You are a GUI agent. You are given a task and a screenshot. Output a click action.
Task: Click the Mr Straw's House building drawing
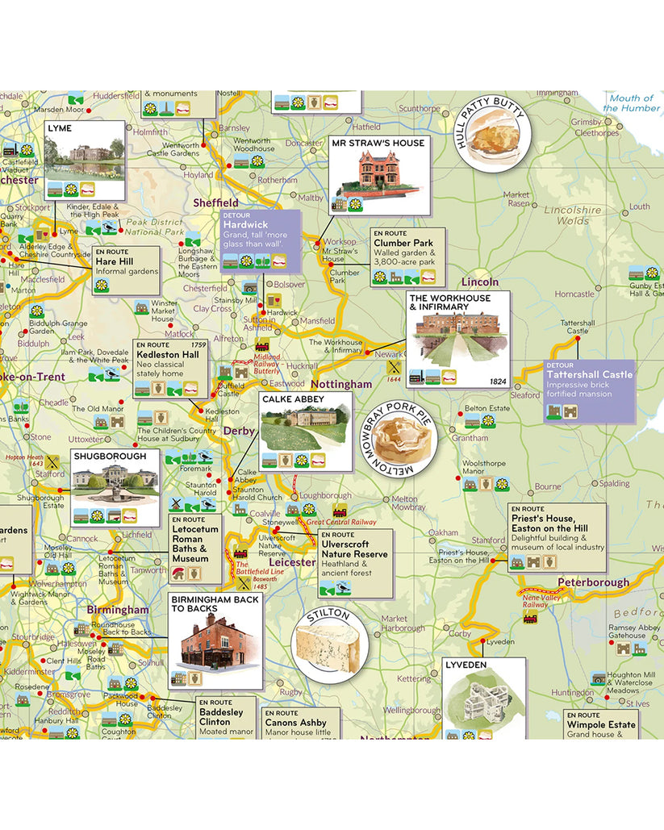coord(377,177)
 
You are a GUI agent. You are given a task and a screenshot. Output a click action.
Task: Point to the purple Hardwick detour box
coord(260,240)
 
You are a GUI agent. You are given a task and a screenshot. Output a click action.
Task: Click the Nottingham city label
coord(340,385)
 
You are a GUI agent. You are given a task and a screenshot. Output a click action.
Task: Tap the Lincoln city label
coord(480,282)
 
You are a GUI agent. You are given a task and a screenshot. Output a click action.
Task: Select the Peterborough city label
coord(593,582)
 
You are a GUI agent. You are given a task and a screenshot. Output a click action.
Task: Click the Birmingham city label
coord(119,610)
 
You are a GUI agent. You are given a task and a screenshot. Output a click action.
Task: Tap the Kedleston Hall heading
coord(167,355)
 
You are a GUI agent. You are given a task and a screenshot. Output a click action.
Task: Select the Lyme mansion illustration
coord(84,156)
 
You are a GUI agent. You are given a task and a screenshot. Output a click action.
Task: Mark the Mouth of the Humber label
coord(631,103)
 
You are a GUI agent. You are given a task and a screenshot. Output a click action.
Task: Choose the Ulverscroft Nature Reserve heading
coord(354,548)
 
